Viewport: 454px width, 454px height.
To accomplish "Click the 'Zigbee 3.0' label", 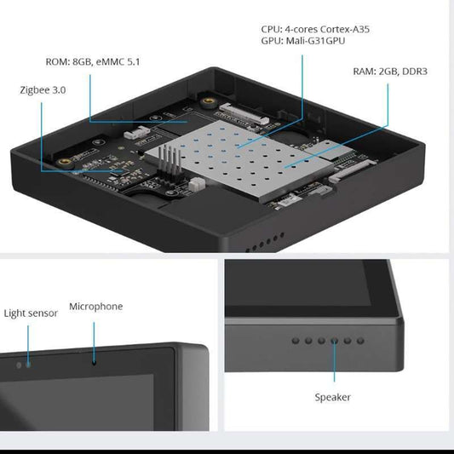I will click(x=43, y=89).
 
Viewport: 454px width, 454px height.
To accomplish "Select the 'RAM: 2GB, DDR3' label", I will click(x=389, y=71).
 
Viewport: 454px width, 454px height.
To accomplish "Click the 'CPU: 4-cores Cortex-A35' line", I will click(x=315, y=29).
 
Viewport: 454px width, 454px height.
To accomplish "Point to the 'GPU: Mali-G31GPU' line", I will click(x=303, y=41).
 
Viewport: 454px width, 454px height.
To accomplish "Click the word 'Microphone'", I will click(x=95, y=307).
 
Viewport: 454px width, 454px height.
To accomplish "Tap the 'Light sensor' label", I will click(x=31, y=313).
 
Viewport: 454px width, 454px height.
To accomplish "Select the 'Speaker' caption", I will click(x=332, y=397).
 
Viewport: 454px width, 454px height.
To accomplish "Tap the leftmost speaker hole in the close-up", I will click(x=296, y=340).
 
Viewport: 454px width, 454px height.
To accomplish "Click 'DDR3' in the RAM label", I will click(x=413, y=71).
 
